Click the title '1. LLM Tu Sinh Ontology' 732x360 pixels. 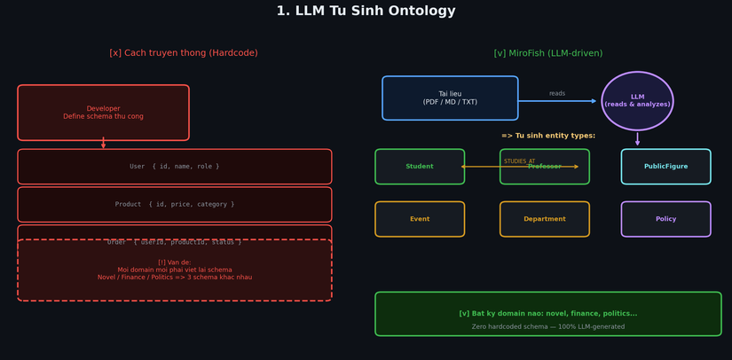click(366, 12)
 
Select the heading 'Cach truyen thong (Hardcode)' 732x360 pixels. click(184, 53)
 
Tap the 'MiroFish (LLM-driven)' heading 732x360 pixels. click(547, 53)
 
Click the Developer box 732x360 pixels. click(103, 113)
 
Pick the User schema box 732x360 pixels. click(175, 167)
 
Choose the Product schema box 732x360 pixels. click(175, 204)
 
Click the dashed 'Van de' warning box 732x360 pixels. click(175, 270)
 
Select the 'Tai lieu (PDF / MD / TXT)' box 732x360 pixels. click(450, 98)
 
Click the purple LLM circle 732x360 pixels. click(637, 100)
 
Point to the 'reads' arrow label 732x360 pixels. click(557, 93)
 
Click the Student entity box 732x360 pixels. click(420, 167)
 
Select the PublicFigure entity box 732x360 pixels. click(665, 167)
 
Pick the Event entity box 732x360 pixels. click(420, 219)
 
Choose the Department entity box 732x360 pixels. click(544, 219)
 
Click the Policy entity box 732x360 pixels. click(665, 219)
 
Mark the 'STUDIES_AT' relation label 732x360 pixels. click(519, 161)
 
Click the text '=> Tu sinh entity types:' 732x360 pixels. click(548, 136)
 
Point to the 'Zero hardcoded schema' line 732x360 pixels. click(547, 326)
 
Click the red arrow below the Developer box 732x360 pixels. click(103, 144)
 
